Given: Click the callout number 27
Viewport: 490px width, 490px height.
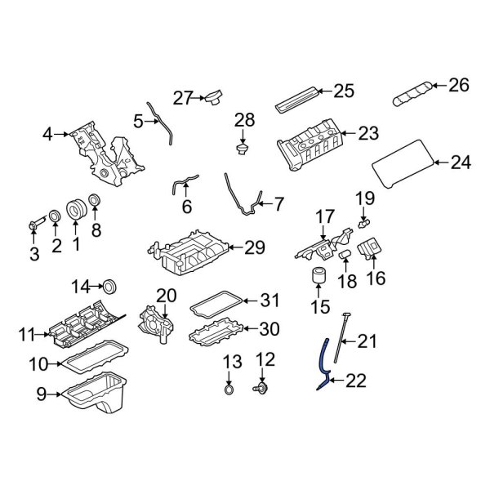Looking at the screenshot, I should click(181, 98).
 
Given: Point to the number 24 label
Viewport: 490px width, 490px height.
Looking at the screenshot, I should click(461, 163).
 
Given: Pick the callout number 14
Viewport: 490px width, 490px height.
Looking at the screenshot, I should click(80, 286).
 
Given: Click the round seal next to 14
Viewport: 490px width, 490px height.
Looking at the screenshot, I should click(109, 286).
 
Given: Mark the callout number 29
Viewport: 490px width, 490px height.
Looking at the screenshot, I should click(255, 247).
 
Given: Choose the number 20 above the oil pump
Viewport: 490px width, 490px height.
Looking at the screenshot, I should click(167, 295).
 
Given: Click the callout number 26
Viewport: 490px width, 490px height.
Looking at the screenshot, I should click(460, 85).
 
